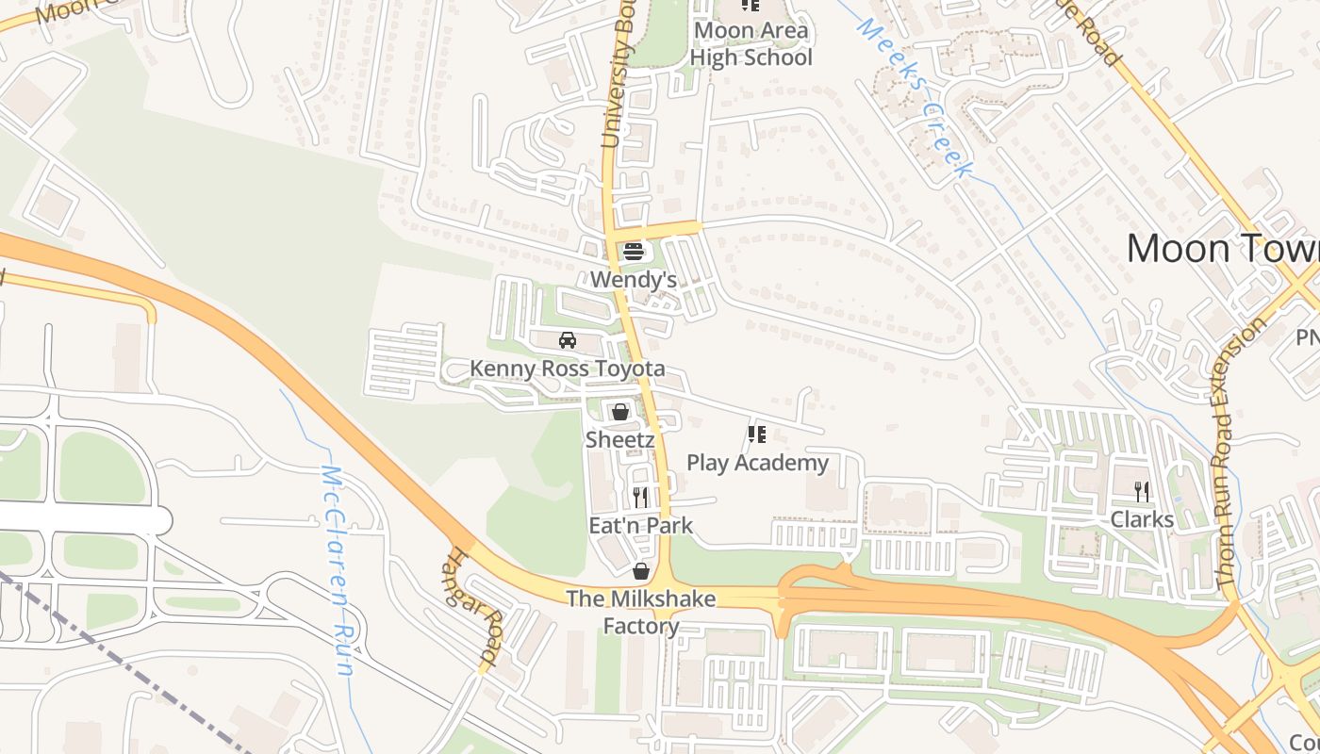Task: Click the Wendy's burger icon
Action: [633, 252]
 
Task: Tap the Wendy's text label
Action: [634, 280]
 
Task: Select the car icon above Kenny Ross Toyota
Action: [568, 340]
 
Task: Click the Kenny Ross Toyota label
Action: [568, 369]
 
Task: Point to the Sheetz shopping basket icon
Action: [619, 412]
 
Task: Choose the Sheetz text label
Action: [619, 439]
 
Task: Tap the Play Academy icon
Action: [756, 434]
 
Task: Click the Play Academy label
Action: [757, 463]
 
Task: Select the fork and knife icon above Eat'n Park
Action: [640, 497]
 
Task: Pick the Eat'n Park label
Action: [641, 525]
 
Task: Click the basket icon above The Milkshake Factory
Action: [641, 571]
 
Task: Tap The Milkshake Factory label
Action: [641, 612]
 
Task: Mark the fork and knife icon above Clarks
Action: [1142, 491]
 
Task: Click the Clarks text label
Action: [1142, 519]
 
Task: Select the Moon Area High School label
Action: [751, 43]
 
